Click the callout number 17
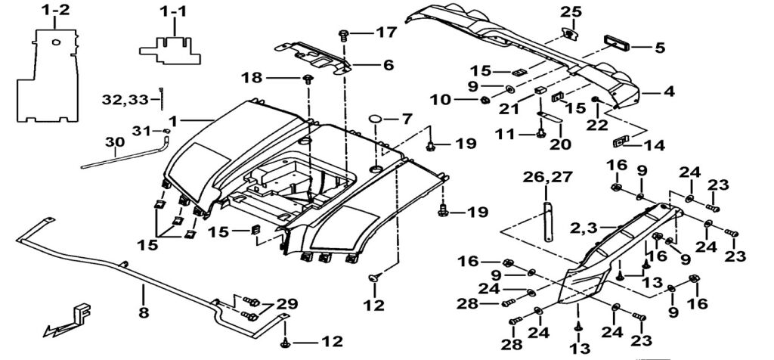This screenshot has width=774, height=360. tap(385, 33)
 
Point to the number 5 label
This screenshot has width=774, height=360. tap(659, 47)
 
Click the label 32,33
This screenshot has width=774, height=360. tap(127, 98)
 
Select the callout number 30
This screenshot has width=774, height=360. tap(114, 142)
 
